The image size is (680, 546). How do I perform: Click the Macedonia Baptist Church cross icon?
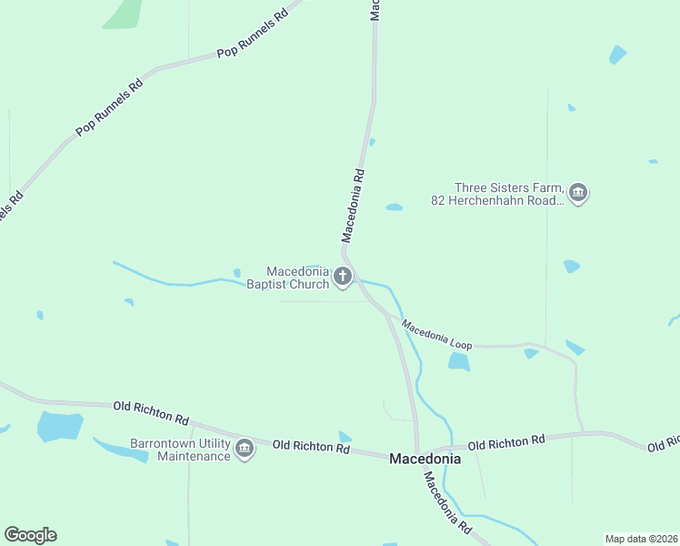(x=343, y=277)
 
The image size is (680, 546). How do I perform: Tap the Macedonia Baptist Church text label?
(x=287, y=278)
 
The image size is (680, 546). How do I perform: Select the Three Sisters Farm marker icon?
(x=578, y=193)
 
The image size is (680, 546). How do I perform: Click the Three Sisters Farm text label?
(x=498, y=193)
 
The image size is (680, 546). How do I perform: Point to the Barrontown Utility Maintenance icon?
(x=244, y=449)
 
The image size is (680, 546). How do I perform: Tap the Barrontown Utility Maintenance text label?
(x=181, y=450)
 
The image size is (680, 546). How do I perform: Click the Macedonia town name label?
(x=425, y=460)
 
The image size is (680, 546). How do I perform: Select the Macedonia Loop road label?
(x=436, y=334)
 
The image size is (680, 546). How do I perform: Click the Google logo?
(x=30, y=535)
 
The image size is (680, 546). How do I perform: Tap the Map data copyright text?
(x=641, y=539)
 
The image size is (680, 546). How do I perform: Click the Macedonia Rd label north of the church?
(x=354, y=205)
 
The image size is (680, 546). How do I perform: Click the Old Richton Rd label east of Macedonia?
(x=505, y=443)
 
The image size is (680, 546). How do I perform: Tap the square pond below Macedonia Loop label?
(x=459, y=362)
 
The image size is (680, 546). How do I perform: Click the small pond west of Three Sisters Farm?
(x=394, y=207)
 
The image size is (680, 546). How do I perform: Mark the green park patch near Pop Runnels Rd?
(x=123, y=14)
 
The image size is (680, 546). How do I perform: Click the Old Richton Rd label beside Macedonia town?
(x=311, y=446)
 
